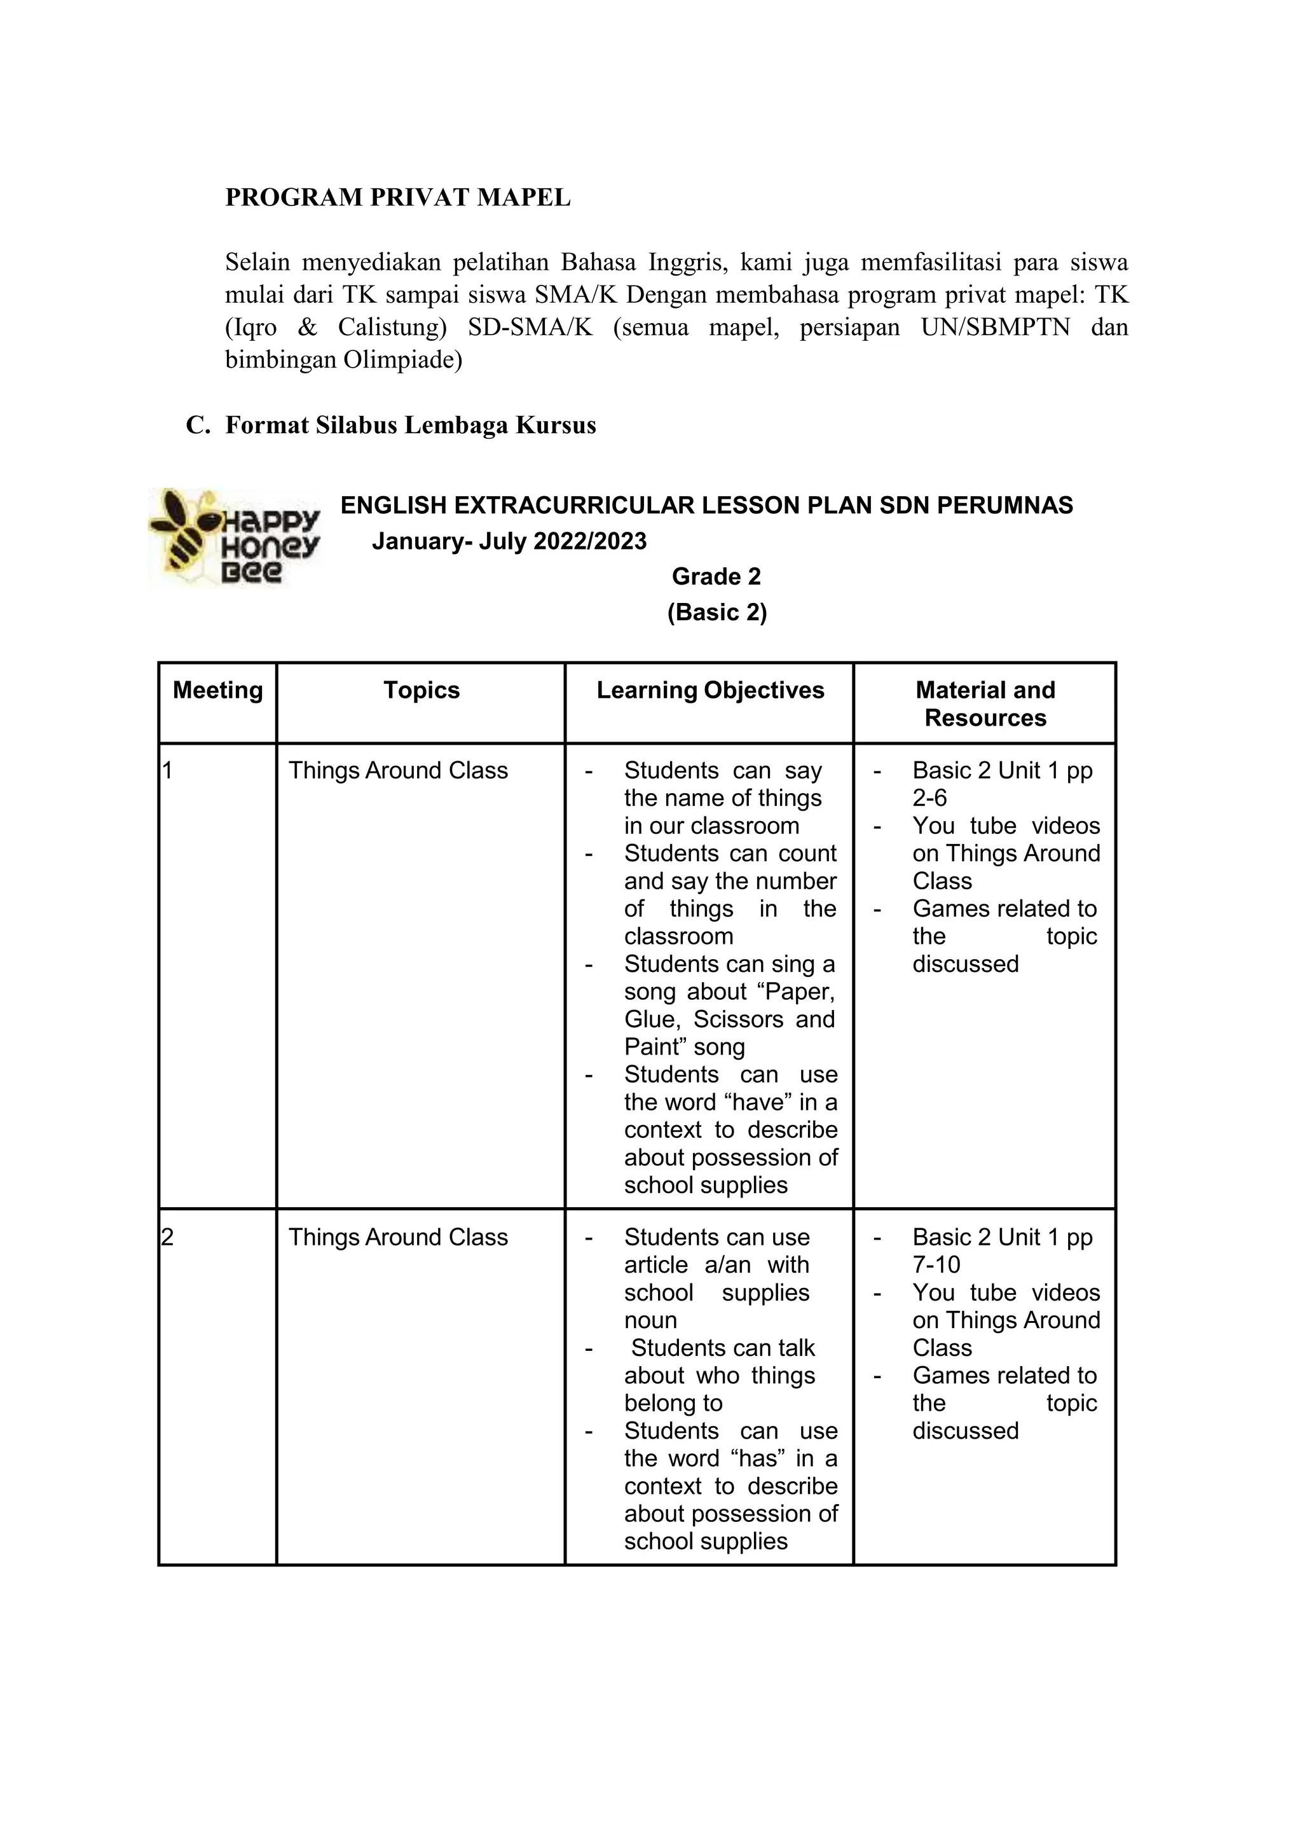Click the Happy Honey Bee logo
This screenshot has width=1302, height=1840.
tap(234, 537)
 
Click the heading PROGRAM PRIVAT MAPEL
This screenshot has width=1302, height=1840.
tap(397, 198)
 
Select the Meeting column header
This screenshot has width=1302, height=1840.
tap(217, 691)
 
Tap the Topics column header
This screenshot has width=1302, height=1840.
tap(421, 691)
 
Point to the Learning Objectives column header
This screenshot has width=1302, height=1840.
tap(709, 691)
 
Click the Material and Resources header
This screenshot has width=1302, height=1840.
tap(985, 704)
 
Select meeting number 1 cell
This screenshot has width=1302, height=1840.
tap(168, 771)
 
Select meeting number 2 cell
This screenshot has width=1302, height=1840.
tap(168, 1238)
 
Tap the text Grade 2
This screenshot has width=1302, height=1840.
tap(716, 577)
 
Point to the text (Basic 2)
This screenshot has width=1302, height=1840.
tap(716, 612)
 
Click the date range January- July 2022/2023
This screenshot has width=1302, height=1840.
tap(509, 541)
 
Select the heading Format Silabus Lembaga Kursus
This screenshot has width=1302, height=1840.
tap(411, 425)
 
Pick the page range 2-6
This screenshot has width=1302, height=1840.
tap(929, 799)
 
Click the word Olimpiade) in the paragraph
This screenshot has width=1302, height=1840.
tap(402, 360)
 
